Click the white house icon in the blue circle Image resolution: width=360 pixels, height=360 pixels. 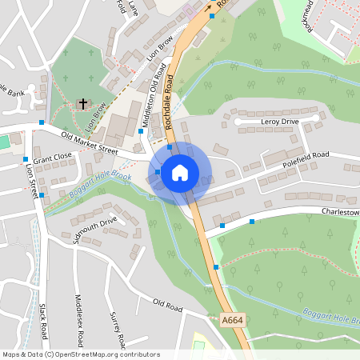[x=180, y=172]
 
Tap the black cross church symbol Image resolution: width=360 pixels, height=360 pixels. [x=83, y=104]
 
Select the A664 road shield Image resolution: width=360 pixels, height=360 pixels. [x=231, y=320]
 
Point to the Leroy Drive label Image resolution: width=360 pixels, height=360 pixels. [x=280, y=122]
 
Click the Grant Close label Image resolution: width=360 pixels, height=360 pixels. [x=53, y=159]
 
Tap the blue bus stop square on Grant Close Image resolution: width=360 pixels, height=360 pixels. [x=26, y=159]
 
